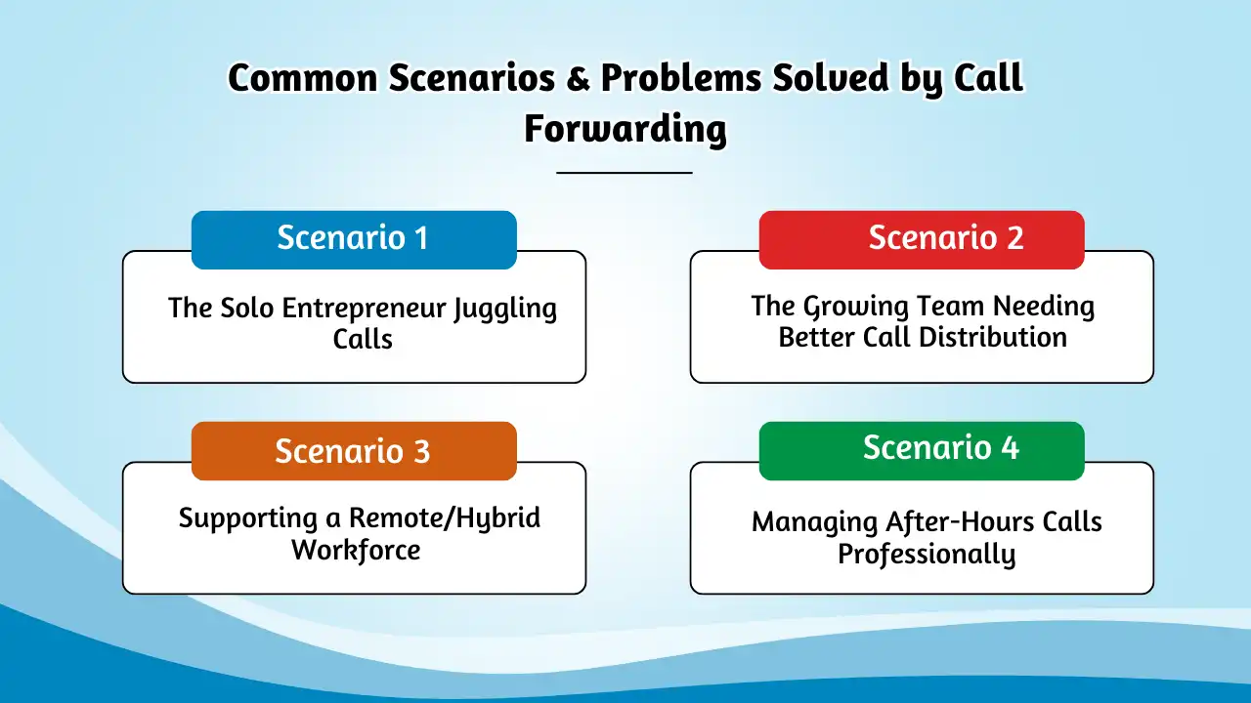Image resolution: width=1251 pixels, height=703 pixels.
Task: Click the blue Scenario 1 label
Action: point(353,239)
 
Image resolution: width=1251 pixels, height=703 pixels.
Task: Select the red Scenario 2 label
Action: point(922,239)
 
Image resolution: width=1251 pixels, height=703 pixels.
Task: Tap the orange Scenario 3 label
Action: point(353,451)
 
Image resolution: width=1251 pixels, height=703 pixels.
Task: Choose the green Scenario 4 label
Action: point(922,448)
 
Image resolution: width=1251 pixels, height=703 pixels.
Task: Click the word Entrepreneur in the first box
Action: point(365,309)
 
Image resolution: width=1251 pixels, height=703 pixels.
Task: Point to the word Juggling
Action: point(504,310)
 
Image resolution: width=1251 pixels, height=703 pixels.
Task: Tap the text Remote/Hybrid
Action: point(445,518)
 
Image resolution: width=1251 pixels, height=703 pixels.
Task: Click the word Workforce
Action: point(356,550)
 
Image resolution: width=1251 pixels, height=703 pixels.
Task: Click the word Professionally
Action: point(927,555)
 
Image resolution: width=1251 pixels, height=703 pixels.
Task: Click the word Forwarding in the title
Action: point(625,129)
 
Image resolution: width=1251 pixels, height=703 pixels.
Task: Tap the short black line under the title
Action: point(625,173)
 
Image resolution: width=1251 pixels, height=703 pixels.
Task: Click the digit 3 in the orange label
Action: point(420,451)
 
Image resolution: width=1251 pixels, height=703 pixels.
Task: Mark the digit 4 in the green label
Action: point(1009,448)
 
